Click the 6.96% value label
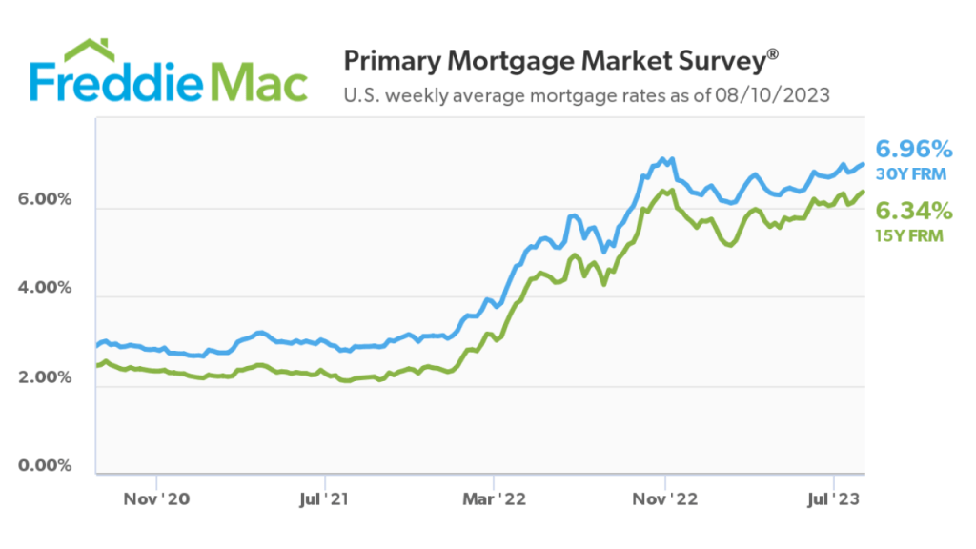pos(914,149)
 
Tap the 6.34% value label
pos(914,210)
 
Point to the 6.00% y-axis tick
pos(45,200)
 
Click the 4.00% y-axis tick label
pos(45,289)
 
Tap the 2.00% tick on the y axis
pos(45,377)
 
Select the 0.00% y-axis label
pos(45,466)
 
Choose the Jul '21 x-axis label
pos(325,498)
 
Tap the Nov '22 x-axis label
pos(664,498)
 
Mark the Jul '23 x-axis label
pos(834,498)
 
